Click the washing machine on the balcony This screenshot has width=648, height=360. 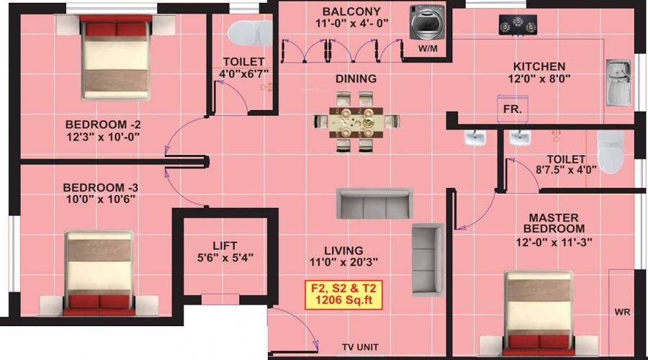coord(424,23)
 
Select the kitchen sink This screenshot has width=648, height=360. coord(618,82)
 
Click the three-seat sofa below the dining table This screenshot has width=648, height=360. coord(374,203)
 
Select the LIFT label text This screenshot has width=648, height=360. coord(225,246)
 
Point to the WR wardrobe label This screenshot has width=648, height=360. coord(622,313)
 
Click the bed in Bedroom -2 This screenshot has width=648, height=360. coord(116,59)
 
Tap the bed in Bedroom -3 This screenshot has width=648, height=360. coord(99,272)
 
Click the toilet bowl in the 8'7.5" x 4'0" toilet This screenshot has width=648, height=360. coord(611,151)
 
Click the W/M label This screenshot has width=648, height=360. coord(428,49)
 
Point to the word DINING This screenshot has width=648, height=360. coord(356,78)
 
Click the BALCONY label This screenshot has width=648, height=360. coord(351,12)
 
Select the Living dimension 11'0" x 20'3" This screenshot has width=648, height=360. coord(343,262)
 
